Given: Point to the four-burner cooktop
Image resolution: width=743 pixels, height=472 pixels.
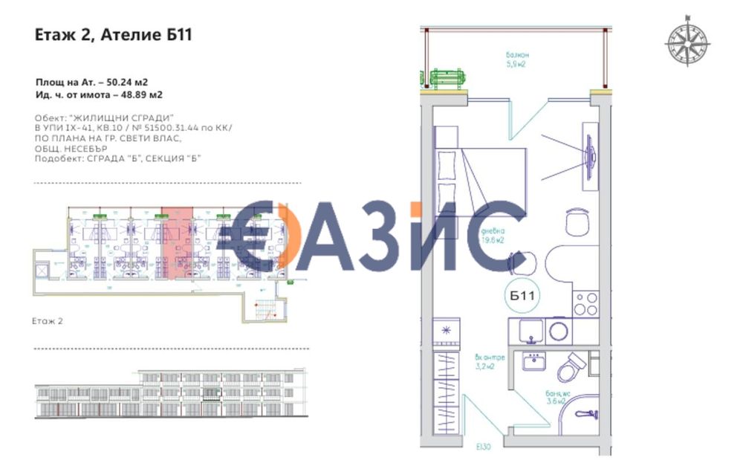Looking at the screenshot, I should pyautogui.click(x=585, y=303).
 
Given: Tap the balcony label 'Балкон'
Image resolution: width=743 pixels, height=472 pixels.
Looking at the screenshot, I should pyautogui.click(x=517, y=55).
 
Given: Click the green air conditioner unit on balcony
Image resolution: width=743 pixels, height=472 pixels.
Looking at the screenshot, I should pyautogui.click(x=449, y=77).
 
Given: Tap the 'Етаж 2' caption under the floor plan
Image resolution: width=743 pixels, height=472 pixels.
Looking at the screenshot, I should pyautogui.click(x=49, y=320).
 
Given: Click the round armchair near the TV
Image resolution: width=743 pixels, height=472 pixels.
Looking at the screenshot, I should pyautogui.click(x=577, y=221).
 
